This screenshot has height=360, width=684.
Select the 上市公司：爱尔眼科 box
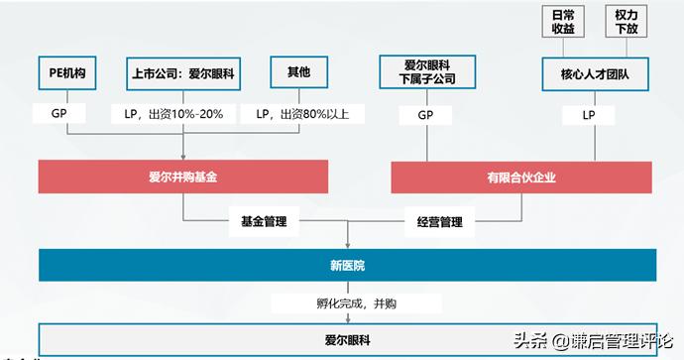point(179,72)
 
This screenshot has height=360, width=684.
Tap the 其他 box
point(297,72)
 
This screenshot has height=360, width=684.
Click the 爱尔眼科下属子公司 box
point(425,72)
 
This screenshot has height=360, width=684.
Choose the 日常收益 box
point(562,21)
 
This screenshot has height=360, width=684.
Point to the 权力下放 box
point(627,21)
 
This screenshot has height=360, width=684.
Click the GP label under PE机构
point(58,114)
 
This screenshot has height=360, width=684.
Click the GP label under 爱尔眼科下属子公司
point(425,115)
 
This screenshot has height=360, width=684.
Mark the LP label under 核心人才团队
point(588,115)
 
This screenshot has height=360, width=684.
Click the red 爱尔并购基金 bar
point(183,177)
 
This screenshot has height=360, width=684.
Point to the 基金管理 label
point(264,221)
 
